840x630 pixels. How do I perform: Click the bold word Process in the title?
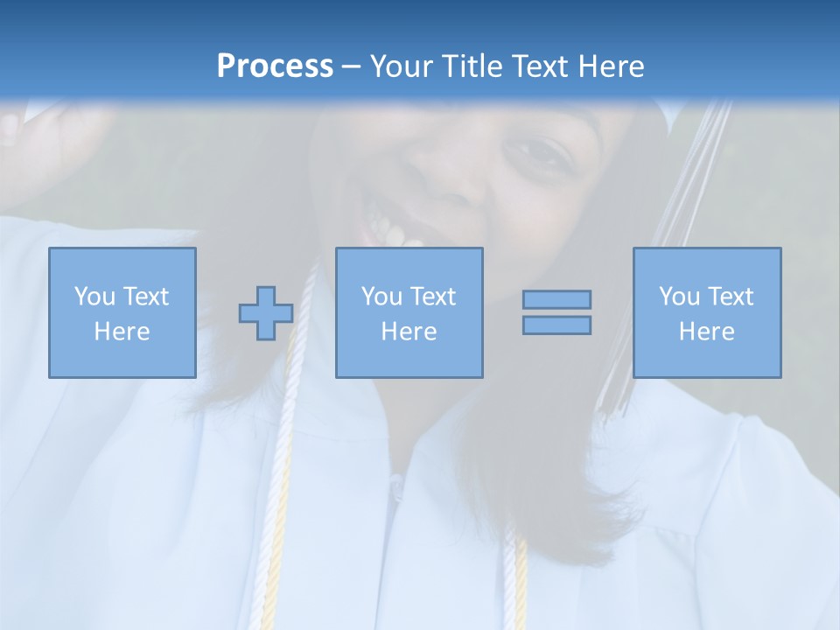[275, 66]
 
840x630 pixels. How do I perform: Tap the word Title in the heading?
[470, 66]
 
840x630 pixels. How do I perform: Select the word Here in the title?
[609, 66]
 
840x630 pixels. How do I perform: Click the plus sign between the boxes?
[266, 313]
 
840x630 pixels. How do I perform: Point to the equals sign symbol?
[556, 312]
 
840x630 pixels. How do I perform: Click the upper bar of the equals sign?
[556, 300]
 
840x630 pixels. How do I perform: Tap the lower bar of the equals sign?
[556, 325]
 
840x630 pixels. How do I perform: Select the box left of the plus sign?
[122, 312]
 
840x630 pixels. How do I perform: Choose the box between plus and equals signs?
[409, 312]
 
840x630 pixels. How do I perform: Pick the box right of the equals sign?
[707, 312]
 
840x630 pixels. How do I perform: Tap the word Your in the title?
[403, 66]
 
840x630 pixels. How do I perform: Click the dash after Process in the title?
[352, 66]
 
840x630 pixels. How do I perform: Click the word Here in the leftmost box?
[122, 332]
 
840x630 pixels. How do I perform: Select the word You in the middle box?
[381, 297]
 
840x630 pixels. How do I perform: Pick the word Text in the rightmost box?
[729, 297]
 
